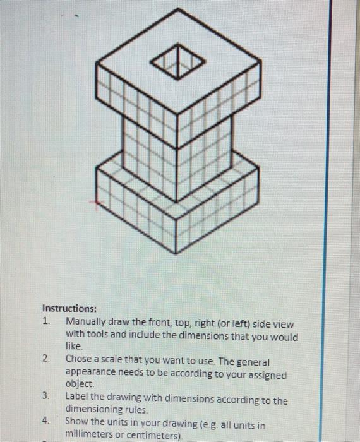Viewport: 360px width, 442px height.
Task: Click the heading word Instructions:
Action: (x=69, y=309)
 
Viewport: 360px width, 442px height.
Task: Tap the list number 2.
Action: (x=45, y=359)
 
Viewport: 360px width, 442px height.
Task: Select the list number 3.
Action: (x=45, y=396)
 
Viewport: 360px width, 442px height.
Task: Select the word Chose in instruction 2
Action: (x=79, y=359)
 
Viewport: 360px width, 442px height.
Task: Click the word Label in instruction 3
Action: (x=78, y=400)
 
